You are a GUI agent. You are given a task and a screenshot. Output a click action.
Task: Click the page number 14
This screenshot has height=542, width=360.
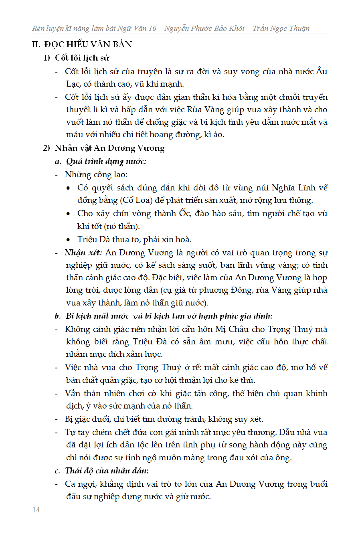[36, 510]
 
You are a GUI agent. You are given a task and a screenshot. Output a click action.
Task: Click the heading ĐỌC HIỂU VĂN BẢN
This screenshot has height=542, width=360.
[88, 44]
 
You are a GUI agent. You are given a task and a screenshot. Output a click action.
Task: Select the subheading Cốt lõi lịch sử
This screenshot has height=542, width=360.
[82, 58]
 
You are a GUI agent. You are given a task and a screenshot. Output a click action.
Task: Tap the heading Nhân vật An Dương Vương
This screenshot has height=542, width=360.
[109, 148]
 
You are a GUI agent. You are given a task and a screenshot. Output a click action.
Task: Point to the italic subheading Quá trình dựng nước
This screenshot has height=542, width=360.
[106, 161]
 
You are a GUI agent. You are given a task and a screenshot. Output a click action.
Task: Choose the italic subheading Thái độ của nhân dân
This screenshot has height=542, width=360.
[107, 471]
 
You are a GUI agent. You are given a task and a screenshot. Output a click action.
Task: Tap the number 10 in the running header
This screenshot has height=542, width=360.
[152, 28]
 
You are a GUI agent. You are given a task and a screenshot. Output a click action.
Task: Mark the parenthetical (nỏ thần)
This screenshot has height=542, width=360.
[122, 226]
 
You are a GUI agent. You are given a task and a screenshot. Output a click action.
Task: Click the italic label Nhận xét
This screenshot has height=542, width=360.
[83, 253]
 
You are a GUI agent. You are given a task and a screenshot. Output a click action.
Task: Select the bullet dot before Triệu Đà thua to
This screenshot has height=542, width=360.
[69, 240]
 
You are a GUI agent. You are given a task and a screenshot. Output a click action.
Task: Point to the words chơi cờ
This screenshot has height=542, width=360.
[145, 393]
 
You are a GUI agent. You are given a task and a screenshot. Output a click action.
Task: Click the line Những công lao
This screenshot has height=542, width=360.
[96, 174]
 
